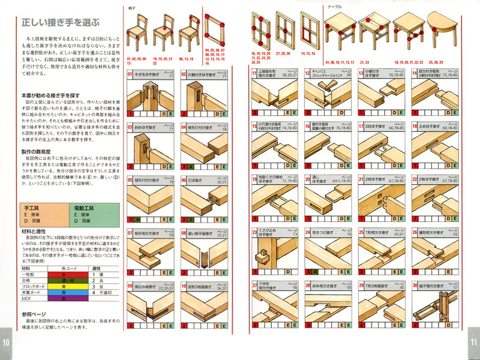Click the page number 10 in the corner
(x=6, y=342)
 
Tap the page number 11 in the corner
(x=473, y=342)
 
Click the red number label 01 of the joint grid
(x=130, y=75)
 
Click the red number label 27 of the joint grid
(x=254, y=286)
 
